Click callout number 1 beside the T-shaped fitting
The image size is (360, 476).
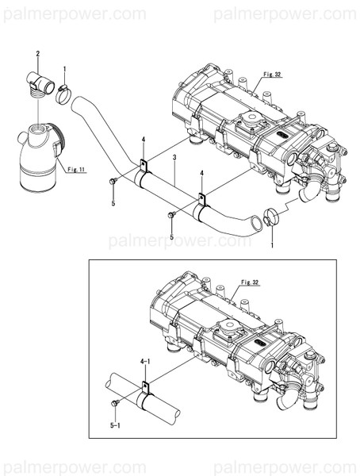tap(65, 69)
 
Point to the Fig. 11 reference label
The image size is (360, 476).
tap(77, 169)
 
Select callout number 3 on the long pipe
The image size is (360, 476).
tap(174, 158)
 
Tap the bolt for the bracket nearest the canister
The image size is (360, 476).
tap(113, 182)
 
